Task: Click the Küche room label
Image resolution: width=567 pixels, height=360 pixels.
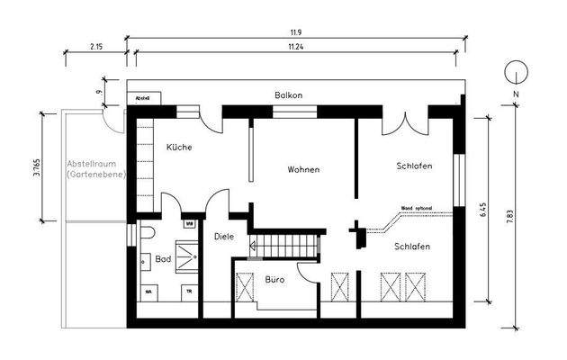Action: (178, 147)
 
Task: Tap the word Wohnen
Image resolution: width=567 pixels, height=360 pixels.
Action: (303, 169)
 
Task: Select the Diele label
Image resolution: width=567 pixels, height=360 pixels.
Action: (224, 237)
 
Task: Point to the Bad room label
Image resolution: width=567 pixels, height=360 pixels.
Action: (163, 259)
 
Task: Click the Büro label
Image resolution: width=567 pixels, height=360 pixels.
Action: (275, 280)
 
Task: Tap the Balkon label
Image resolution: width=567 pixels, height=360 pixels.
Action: (289, 95)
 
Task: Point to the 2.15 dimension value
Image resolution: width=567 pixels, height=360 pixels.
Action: (95, 45)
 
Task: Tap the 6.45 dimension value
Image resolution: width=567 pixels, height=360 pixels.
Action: (483, 210)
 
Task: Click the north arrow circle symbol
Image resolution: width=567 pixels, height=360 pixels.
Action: (514, 72)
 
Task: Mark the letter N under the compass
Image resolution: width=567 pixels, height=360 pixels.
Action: (514, 93)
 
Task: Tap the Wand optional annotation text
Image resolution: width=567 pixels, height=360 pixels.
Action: (416, 207)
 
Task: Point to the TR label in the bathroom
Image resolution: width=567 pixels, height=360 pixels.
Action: (188, 292)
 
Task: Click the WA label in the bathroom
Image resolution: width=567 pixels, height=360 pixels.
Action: (148, 292)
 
